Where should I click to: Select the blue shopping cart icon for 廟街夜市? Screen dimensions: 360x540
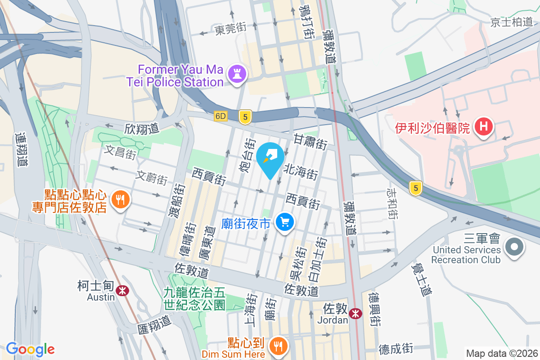coord(284,222)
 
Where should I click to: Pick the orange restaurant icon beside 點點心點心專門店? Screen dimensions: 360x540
coord(120,199)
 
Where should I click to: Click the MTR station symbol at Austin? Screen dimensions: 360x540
coord(121,291)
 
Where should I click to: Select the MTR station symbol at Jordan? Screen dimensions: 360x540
coord(355,314)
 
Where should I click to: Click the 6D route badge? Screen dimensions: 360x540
coord(220,116)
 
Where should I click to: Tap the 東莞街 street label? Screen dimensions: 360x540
coord(231,30)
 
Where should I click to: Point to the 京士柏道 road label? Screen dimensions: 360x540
coord(511,22)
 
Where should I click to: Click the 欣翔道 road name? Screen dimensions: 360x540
coord(142,129)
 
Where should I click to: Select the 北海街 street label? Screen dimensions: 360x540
coord(301,172)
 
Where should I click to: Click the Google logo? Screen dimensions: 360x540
coord(30,349)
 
